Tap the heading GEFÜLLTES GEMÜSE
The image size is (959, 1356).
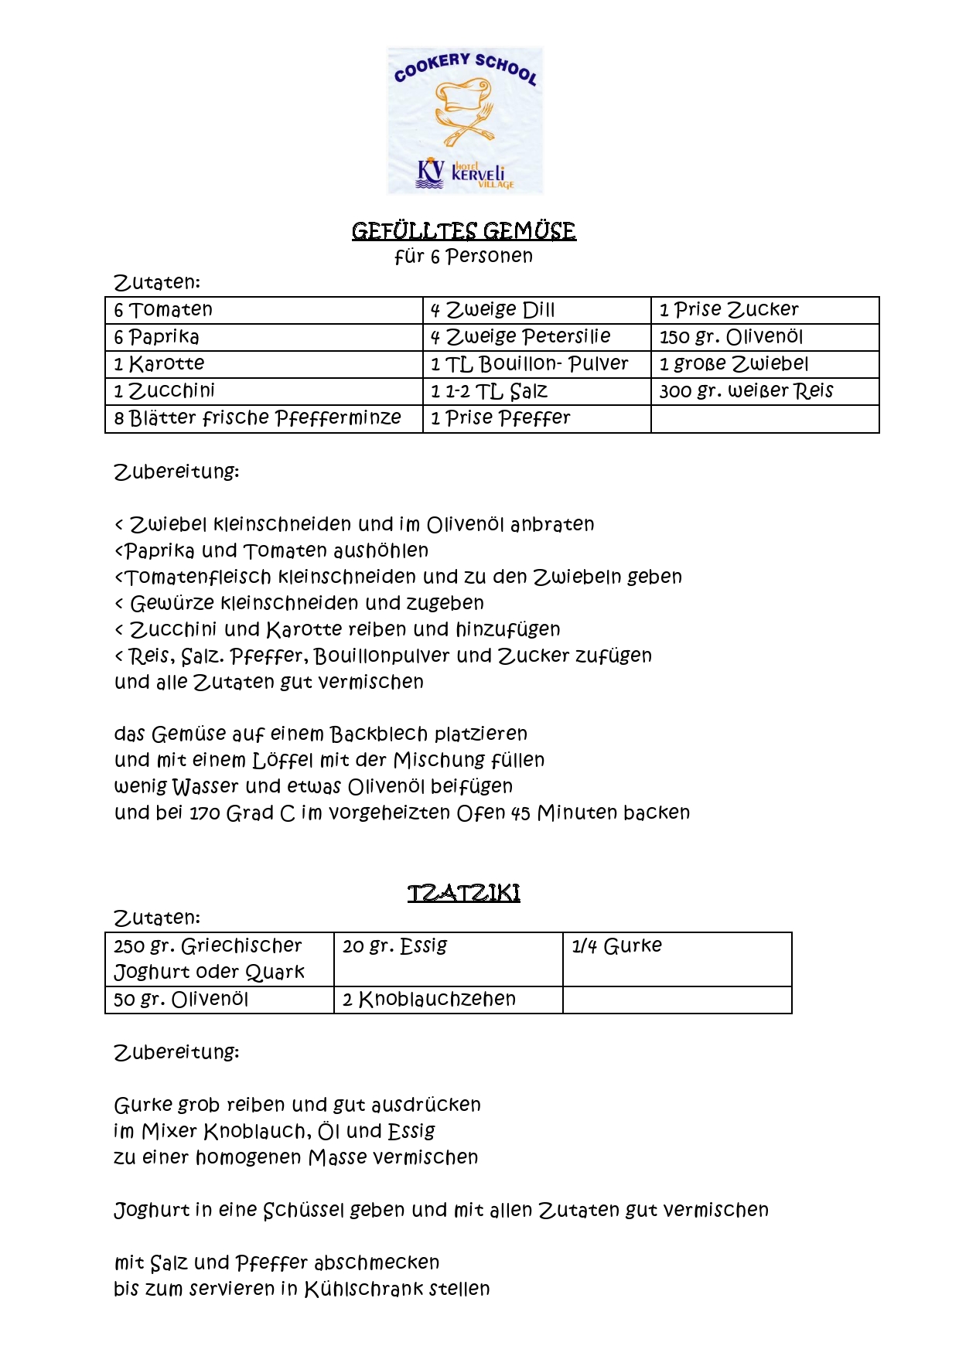click(463, 231)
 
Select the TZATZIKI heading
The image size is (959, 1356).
click(463, 893)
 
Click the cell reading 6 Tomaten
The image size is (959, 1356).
click(163, 310)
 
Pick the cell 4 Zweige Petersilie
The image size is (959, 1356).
click(520, 337)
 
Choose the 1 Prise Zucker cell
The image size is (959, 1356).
click(729, 310)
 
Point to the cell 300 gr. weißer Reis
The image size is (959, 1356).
click(746, 391)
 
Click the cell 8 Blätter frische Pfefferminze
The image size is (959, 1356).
click(258, 418)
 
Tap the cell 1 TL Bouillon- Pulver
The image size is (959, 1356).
click(529, 364)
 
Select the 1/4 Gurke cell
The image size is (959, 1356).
click(616, 946)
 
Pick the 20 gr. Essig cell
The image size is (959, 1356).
click(395, 946)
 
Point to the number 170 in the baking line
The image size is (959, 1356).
click(205, 813)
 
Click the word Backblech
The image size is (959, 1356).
click(379, 734)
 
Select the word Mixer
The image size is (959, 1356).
click(169, 1132)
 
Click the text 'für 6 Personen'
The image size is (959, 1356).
click(463, 257)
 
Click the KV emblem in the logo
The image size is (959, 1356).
click(430, 173)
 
